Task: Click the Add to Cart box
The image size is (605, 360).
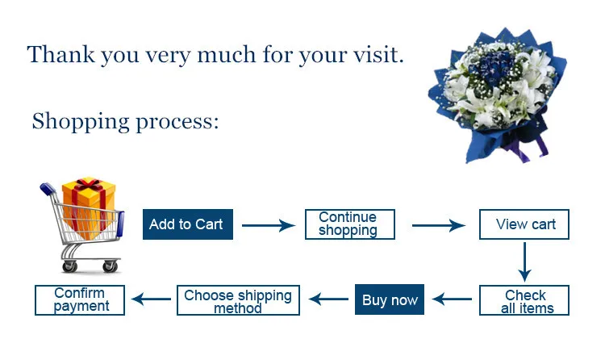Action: pyautogui.click(x=188, y=224)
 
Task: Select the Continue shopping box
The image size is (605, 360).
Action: pyautogui.click(x=350, y=224)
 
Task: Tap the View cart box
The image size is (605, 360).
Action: pyautogui.click(x=524, y=224)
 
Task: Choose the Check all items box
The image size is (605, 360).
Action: pyautogui.click(x=524, y=300)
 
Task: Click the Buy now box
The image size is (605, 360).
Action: pyautogui.click(x=390, y=299)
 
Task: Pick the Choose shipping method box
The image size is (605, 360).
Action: pyautogui.click(x=239, y=300)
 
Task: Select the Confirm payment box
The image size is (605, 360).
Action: pyautogui.click(x=80, y=300)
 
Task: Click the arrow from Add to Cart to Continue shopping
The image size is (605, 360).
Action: pyautogui.click(x=269, y=225)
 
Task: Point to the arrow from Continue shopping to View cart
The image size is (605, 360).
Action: pyautogui.click(x=439, y=225)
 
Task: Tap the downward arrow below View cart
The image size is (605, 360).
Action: pyautogui.click(x=525, y=262)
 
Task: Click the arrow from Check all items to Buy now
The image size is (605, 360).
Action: pyautogui.click(x=452, y=299)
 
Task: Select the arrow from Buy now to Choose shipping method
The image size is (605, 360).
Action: pyautogui.click(x=328, y=299)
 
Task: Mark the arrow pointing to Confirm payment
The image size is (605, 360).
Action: pyautogui.click(x=151, y=299)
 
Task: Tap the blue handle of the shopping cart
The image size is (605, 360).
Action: pyautogui.click(x=48, y=189)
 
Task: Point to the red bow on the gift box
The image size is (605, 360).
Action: pyautogui.click(x=90, y=184)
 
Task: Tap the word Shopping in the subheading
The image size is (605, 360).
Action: pyautogui.click(x=81, y=122)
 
